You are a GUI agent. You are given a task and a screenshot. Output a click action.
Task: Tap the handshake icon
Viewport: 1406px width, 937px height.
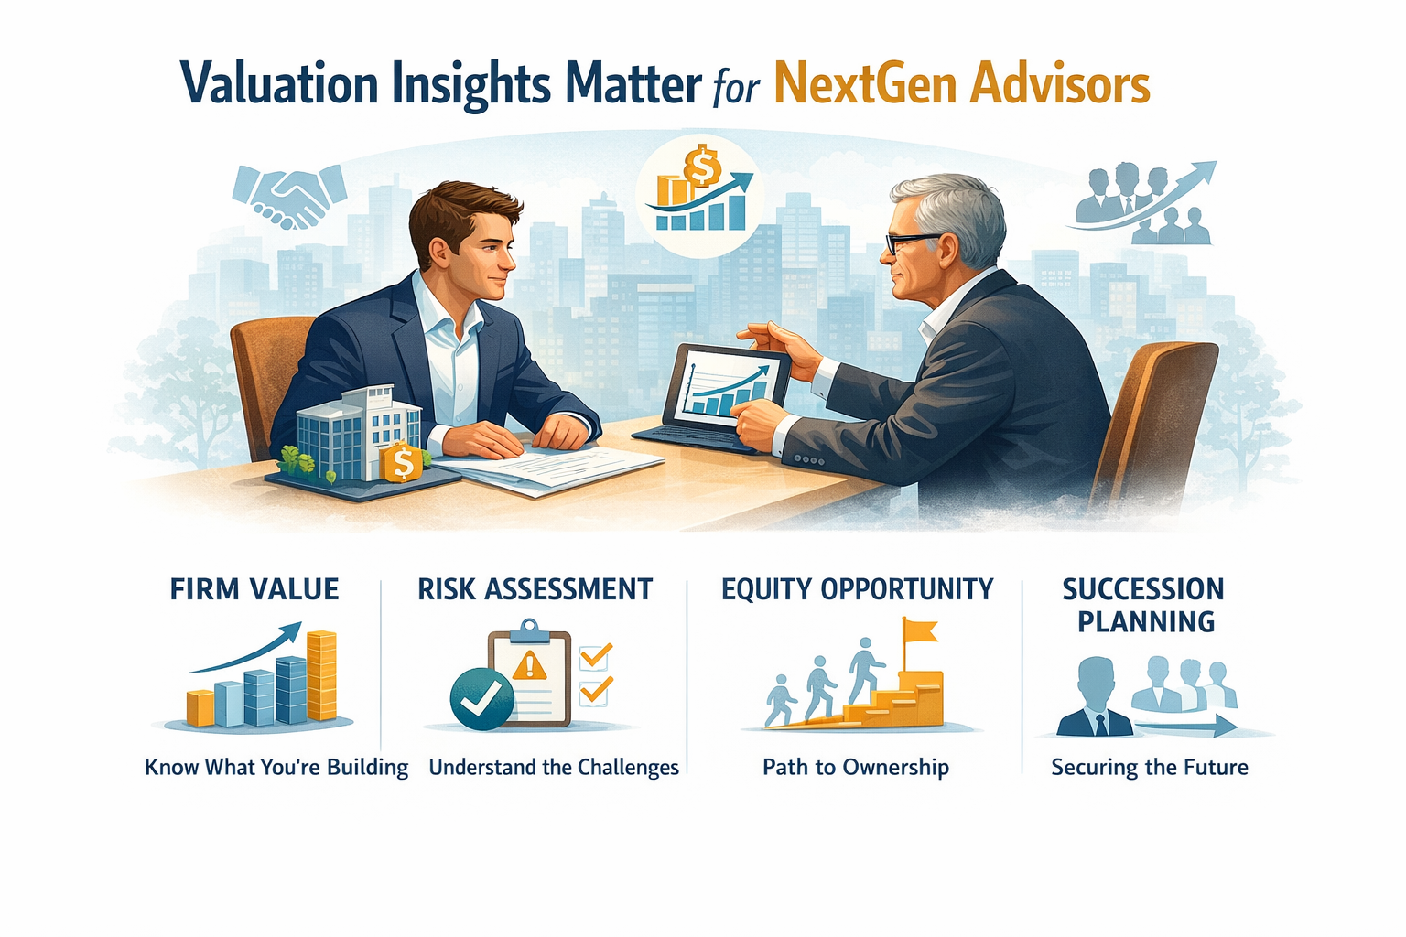(289, 195)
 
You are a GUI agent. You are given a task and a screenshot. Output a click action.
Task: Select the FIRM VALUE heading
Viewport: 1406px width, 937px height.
(254, 588)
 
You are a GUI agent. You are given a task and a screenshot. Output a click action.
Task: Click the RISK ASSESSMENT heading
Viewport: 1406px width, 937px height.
(535, 588)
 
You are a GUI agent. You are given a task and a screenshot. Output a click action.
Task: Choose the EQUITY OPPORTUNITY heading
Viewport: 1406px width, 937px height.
(857, 588)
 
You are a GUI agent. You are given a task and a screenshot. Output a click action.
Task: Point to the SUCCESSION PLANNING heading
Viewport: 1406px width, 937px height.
(1144, 605)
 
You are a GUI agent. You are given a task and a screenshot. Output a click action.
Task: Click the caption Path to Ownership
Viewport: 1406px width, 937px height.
(856, 767)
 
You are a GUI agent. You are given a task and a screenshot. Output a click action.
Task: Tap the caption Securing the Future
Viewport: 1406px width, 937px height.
(1150, 767)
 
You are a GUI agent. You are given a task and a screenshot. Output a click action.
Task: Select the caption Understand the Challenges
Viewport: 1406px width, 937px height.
(554, 767)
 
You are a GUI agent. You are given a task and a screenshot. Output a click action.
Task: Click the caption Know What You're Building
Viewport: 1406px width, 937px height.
(276, 767)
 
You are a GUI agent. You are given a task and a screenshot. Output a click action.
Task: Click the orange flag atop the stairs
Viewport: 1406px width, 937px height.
(919, 630)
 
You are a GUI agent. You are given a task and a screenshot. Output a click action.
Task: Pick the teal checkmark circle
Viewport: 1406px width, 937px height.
(481, 698)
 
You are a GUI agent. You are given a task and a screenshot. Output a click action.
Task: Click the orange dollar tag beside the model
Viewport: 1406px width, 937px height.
(403, 462)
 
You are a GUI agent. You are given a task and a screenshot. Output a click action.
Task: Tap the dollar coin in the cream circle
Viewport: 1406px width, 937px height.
(703, 167)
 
